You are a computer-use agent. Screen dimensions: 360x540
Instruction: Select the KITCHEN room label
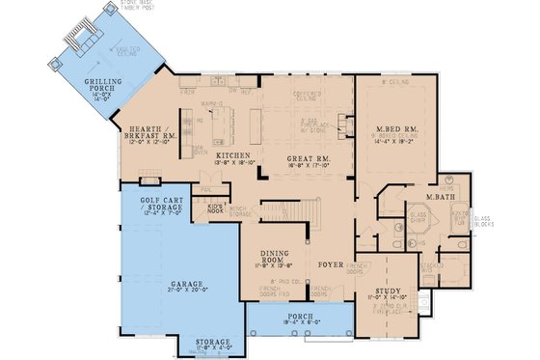pyautogui.click(x=234, y=155)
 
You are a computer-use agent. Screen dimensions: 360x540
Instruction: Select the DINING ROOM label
pyautogui.click(x=277, y=256)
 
